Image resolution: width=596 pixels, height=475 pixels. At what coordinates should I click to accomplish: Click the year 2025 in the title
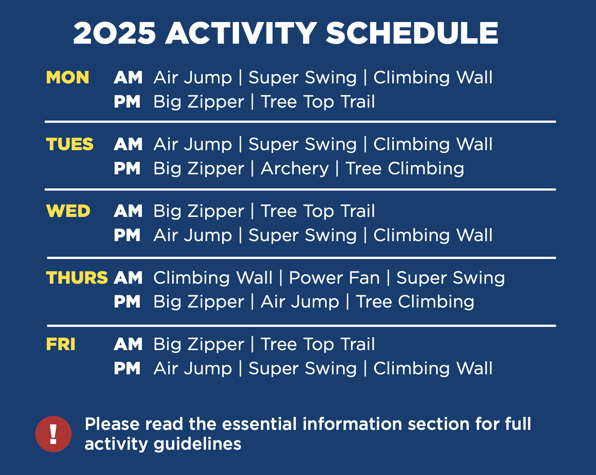pyautogui.click(x=114, y=33)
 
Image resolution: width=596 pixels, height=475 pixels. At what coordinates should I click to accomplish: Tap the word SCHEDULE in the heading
pyautogui.click(x=412, y=33)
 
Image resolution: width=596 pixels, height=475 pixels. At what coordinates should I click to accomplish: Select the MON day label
pyautogui.click(x=67, y=78)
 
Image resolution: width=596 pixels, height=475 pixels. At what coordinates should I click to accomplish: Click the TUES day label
pyautogui.click(x=70, y=144)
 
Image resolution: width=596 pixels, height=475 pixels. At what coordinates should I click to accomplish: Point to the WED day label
pyautogui.click(x=68, y=211)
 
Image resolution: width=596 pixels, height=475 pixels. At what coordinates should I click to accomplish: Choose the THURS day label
pyautogui.click(x=77, y=278)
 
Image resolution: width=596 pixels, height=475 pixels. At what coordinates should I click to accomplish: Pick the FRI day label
pyautogui.click(x=61, y=344)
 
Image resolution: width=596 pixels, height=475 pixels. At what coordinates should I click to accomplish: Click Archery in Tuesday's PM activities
pyautogui.click(x=295, y=169)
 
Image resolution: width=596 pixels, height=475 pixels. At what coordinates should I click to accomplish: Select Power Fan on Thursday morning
pyautogui.click(x=334, y=278)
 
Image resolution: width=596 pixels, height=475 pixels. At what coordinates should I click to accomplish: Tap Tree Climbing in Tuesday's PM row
pyautogui.click(x=405, y=169)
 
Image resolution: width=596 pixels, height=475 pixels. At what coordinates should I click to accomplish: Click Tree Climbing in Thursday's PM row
pyautogui.click(x=415, y=302)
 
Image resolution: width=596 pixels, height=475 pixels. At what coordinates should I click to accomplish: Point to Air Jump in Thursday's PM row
pyautogui.click(x=300, y=302)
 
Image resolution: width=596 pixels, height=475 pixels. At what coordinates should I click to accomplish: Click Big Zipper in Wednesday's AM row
pyautogui.click(x=199, y=212)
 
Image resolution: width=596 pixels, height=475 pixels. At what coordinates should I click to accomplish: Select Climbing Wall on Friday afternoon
pyautogui.click(x=433, y=369)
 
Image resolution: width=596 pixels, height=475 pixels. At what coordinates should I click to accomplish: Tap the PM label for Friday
pyautogui.click(x=127, y=369)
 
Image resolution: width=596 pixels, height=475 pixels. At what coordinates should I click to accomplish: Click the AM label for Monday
pyautogui.click(x=128, y=78)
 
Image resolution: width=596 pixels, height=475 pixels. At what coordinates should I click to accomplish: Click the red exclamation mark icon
pyautogui.click(x=53, y=434)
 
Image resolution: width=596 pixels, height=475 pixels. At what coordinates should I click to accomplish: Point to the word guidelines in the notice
pyautogui.click(x=197, y=444)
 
